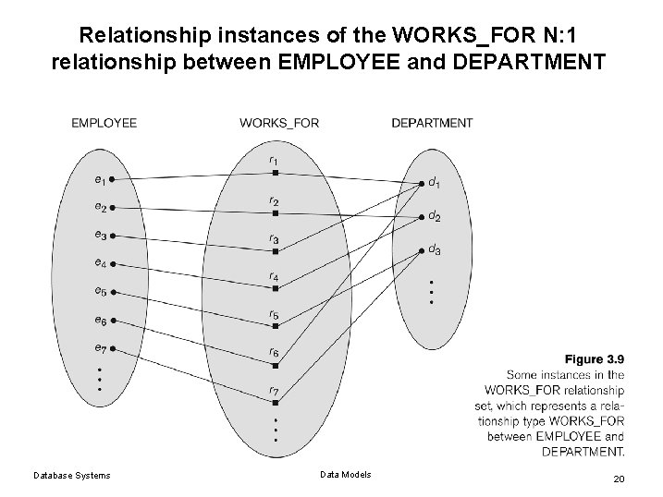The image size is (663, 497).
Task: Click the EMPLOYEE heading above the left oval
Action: (x=104, y=123)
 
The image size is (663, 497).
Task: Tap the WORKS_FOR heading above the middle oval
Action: (x=279, y=123)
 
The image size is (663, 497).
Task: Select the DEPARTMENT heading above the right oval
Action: (x=432, y=123)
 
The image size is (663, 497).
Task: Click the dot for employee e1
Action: (x=111, y=179)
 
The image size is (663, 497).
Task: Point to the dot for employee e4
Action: (x=111, y=264)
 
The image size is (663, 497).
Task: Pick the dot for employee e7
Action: (x=111, y=349)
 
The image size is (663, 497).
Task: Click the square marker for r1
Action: (x=275, y=173)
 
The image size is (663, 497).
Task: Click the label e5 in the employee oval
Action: (x=99, y=291)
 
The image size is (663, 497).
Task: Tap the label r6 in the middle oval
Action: (x=274, y=352)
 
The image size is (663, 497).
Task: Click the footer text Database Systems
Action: (x=71, y=475)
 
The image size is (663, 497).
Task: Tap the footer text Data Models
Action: (x=345, y=474)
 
